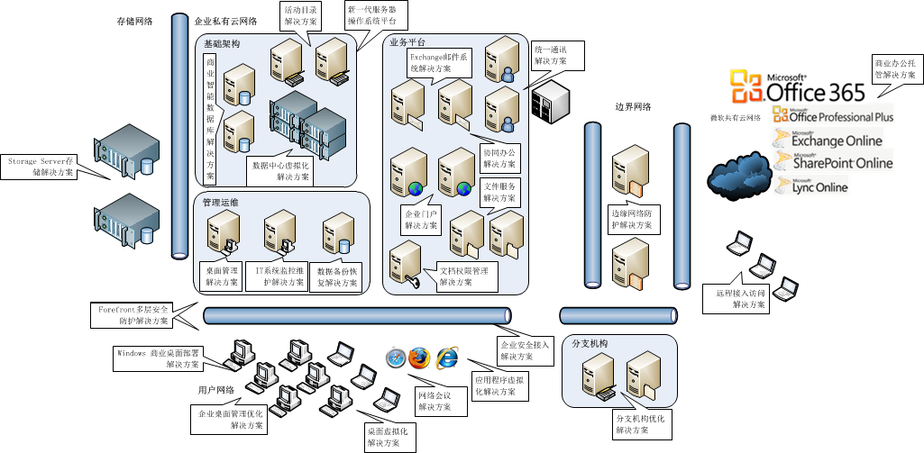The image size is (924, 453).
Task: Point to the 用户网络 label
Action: tap(216, 390)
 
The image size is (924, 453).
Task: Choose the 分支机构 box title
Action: tap(590, 344)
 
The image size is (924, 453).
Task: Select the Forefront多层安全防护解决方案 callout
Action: tap(133, 314)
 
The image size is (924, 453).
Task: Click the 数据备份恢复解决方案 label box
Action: tap(338, 276)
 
